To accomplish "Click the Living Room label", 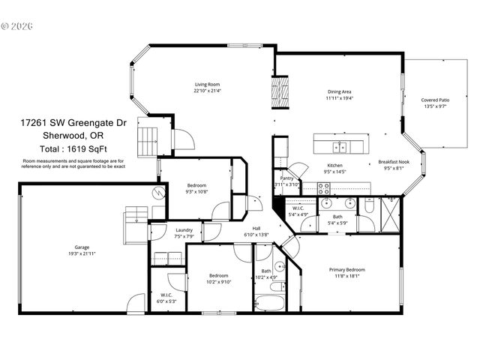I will [x=208, y=85].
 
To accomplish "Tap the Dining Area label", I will [x=339, y=92].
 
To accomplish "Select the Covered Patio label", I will [x=435, y=100].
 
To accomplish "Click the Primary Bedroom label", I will [x=347, y=270].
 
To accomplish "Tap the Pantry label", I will [x=287, y=178].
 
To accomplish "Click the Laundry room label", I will [x=184, y=230].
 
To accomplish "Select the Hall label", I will [x=256, y=229].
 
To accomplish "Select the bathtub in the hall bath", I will [x=268, y=304].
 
